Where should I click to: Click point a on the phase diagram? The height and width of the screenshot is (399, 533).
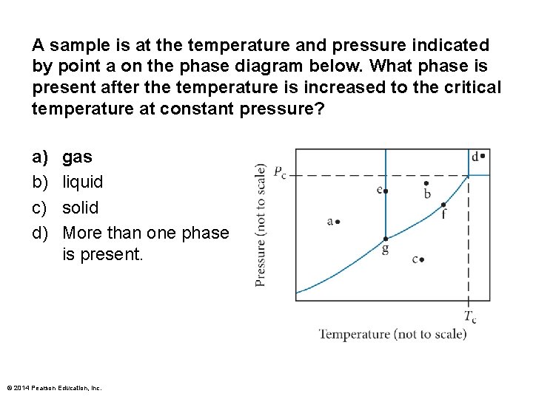338,221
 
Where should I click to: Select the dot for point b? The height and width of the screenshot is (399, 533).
426,183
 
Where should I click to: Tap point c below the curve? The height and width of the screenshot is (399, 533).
421,260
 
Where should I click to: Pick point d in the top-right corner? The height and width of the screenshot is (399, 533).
482,156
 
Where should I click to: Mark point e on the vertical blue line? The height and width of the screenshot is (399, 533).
386,191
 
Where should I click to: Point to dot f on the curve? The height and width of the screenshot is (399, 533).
443,205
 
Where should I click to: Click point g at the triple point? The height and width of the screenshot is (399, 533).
386,239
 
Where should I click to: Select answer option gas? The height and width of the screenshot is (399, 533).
77,157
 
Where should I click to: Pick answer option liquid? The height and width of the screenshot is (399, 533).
83,182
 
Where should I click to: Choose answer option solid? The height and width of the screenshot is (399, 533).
80,207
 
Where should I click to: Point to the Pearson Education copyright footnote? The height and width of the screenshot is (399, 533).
54,388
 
